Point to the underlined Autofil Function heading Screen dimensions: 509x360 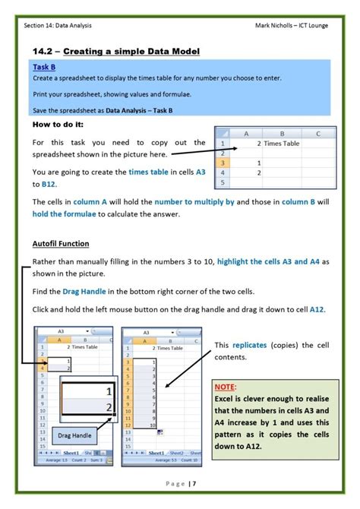pyautogui.click(x=61, y=244)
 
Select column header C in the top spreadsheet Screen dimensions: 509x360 pyautogui.click(x=316, y=132)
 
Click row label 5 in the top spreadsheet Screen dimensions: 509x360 pyautogui.click(x=223, y=182)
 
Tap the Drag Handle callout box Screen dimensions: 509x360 pyautogui.click(x=74, y=435)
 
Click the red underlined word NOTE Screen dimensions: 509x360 pyautogui.click(x=227, y=385)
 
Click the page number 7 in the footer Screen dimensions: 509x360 pyautogui.click(x=194, y=484)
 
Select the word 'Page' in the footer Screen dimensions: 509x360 pyautogui.click(x=172, y=484)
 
